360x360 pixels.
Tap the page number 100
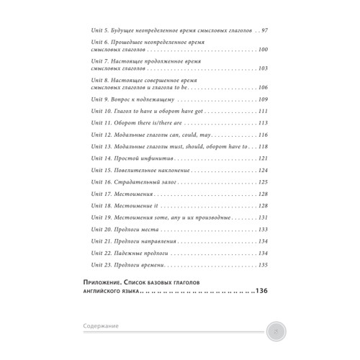click(263, 49)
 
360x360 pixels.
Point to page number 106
click(263, 87)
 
